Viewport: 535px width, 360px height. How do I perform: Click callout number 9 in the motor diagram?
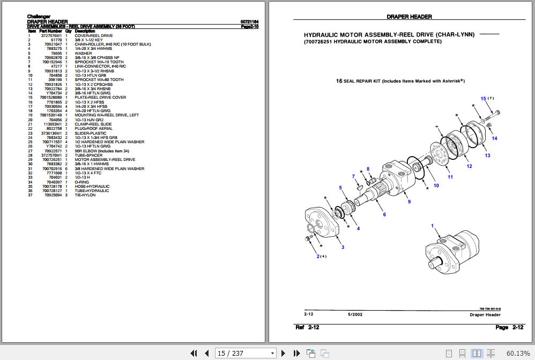click(409, 202)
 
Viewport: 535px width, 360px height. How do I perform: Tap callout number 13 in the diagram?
click(487, 156)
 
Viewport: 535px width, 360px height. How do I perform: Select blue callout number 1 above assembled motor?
click(432, 226)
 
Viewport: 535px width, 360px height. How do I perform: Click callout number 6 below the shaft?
click(384, 215)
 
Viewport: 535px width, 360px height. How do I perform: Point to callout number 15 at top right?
click(483, 99)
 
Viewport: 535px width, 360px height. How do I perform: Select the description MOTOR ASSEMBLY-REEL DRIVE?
click(105, 160)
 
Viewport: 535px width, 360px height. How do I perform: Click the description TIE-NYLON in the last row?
click(85, 195)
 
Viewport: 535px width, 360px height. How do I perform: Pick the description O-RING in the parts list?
click(83, 182)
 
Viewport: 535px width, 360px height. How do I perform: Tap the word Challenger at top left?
click(39, 17)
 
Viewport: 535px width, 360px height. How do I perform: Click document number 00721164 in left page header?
click(250, 22)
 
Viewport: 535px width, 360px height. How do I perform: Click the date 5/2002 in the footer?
click(354, 315)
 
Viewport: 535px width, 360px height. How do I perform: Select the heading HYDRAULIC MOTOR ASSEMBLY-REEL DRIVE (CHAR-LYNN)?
click(389, 34)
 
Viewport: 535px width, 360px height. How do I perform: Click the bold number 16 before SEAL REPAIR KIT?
click(339, 80)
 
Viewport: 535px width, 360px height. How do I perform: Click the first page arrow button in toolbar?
click(194, 353)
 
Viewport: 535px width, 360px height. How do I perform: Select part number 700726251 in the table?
click(53, 160)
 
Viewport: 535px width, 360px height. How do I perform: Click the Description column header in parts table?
click(85, 31)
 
